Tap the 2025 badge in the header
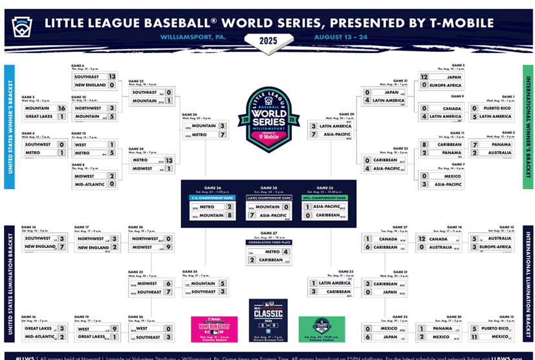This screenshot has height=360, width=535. point(267,42)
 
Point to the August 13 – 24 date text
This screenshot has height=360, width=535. point(341,37)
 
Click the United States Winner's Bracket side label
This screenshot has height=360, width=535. point(8,126)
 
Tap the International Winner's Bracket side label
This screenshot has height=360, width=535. point(527,126)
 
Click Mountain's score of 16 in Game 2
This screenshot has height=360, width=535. point(61,108)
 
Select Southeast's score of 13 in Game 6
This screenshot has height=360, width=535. point(112,76)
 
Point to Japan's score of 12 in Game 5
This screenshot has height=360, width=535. point(424,76)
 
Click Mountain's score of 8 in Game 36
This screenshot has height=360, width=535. point(229,215)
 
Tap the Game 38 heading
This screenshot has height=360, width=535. point(268,187)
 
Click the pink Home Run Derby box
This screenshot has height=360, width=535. point(214,328)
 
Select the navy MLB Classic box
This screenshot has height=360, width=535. point(268,321)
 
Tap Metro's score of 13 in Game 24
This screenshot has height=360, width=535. point(169,160)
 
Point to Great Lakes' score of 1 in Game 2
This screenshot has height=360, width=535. point(61,117)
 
